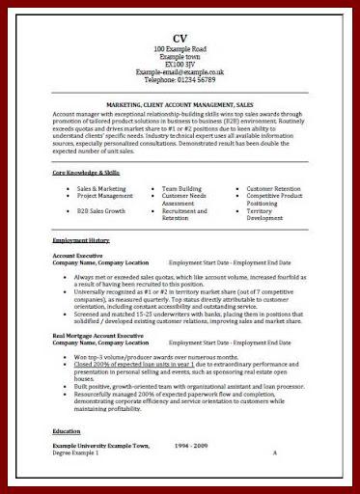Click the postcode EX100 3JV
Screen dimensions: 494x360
point(180,63)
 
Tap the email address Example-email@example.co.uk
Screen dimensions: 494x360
point(180,71)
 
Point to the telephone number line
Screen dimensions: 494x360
point(180,79)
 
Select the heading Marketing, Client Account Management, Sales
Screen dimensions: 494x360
point(180,102)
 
